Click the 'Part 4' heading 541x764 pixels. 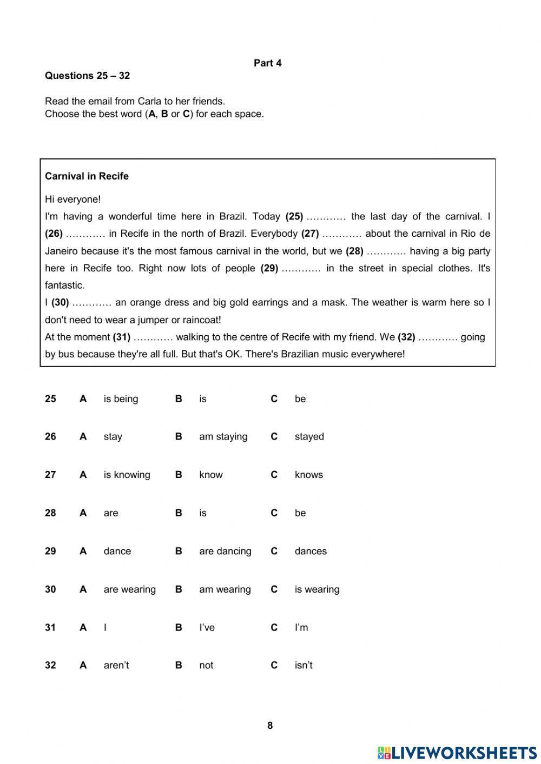pyautogui.click(x=267, y=63)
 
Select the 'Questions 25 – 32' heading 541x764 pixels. pyautogui.click(x=87, y=76)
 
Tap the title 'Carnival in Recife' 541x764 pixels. pyautogui.click(x=87, y=176)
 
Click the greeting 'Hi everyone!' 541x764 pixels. pyautogui.click(x=72, y=200)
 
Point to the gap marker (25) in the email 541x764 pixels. pyautogui.click(x=294, y=217)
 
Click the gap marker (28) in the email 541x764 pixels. pyautogui.click(x=354, y=251)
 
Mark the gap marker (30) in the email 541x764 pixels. pyautogui.click(x=60, y=303)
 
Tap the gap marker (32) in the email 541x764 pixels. pyautogui.click(x=406, y=337)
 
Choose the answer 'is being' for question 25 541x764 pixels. pyautogui.click(x=121, y=399)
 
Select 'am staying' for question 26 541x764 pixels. pyautogui.click(x=223, y=437)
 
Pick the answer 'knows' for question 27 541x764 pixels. pyautogui.click(x=308, y=475)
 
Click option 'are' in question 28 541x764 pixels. pyautogui.click(x=110, y=513)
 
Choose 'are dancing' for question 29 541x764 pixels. pyautogui.click(x=225, y=552)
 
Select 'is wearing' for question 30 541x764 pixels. pyautogui.click(x=316, y=589)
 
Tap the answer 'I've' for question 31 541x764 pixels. pyautogui.click(x=207, y=628)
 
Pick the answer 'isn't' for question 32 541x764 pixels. pyautogui.click(x=304, y=666)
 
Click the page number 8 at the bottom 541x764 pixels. pyautogui.click(x=270, y=726)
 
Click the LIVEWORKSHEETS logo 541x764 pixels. pyautogui.click(x=457, y=753)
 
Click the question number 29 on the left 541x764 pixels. pyautogui.click(x=50, y=552)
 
